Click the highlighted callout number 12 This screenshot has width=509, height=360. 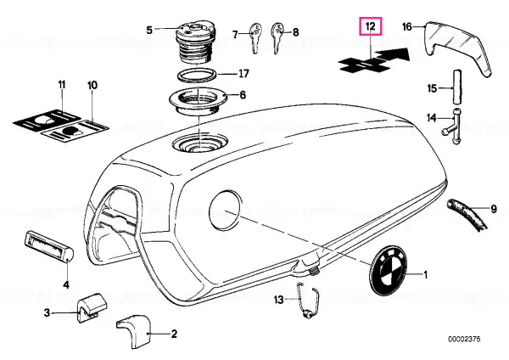point(371,26)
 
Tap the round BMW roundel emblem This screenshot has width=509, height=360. point(388,271)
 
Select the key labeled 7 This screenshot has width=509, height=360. point(255,37)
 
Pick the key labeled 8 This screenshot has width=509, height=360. point(277,37)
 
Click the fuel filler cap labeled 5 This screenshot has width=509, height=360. point(194,43)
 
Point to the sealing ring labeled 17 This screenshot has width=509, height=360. point(197,75)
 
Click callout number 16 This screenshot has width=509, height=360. point(406,26)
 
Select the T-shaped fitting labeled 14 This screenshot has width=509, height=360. point(455,126)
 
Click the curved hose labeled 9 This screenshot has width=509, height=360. point(467,215)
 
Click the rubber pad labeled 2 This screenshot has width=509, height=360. point(134,331)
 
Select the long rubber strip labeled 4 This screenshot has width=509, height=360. point(49,245)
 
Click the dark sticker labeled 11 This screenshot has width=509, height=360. point(47,119)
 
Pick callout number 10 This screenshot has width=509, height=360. point(92,85)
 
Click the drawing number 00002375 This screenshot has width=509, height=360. point(464,340)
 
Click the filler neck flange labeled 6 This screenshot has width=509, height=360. point(198,101)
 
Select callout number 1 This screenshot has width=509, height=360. point(426,275)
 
